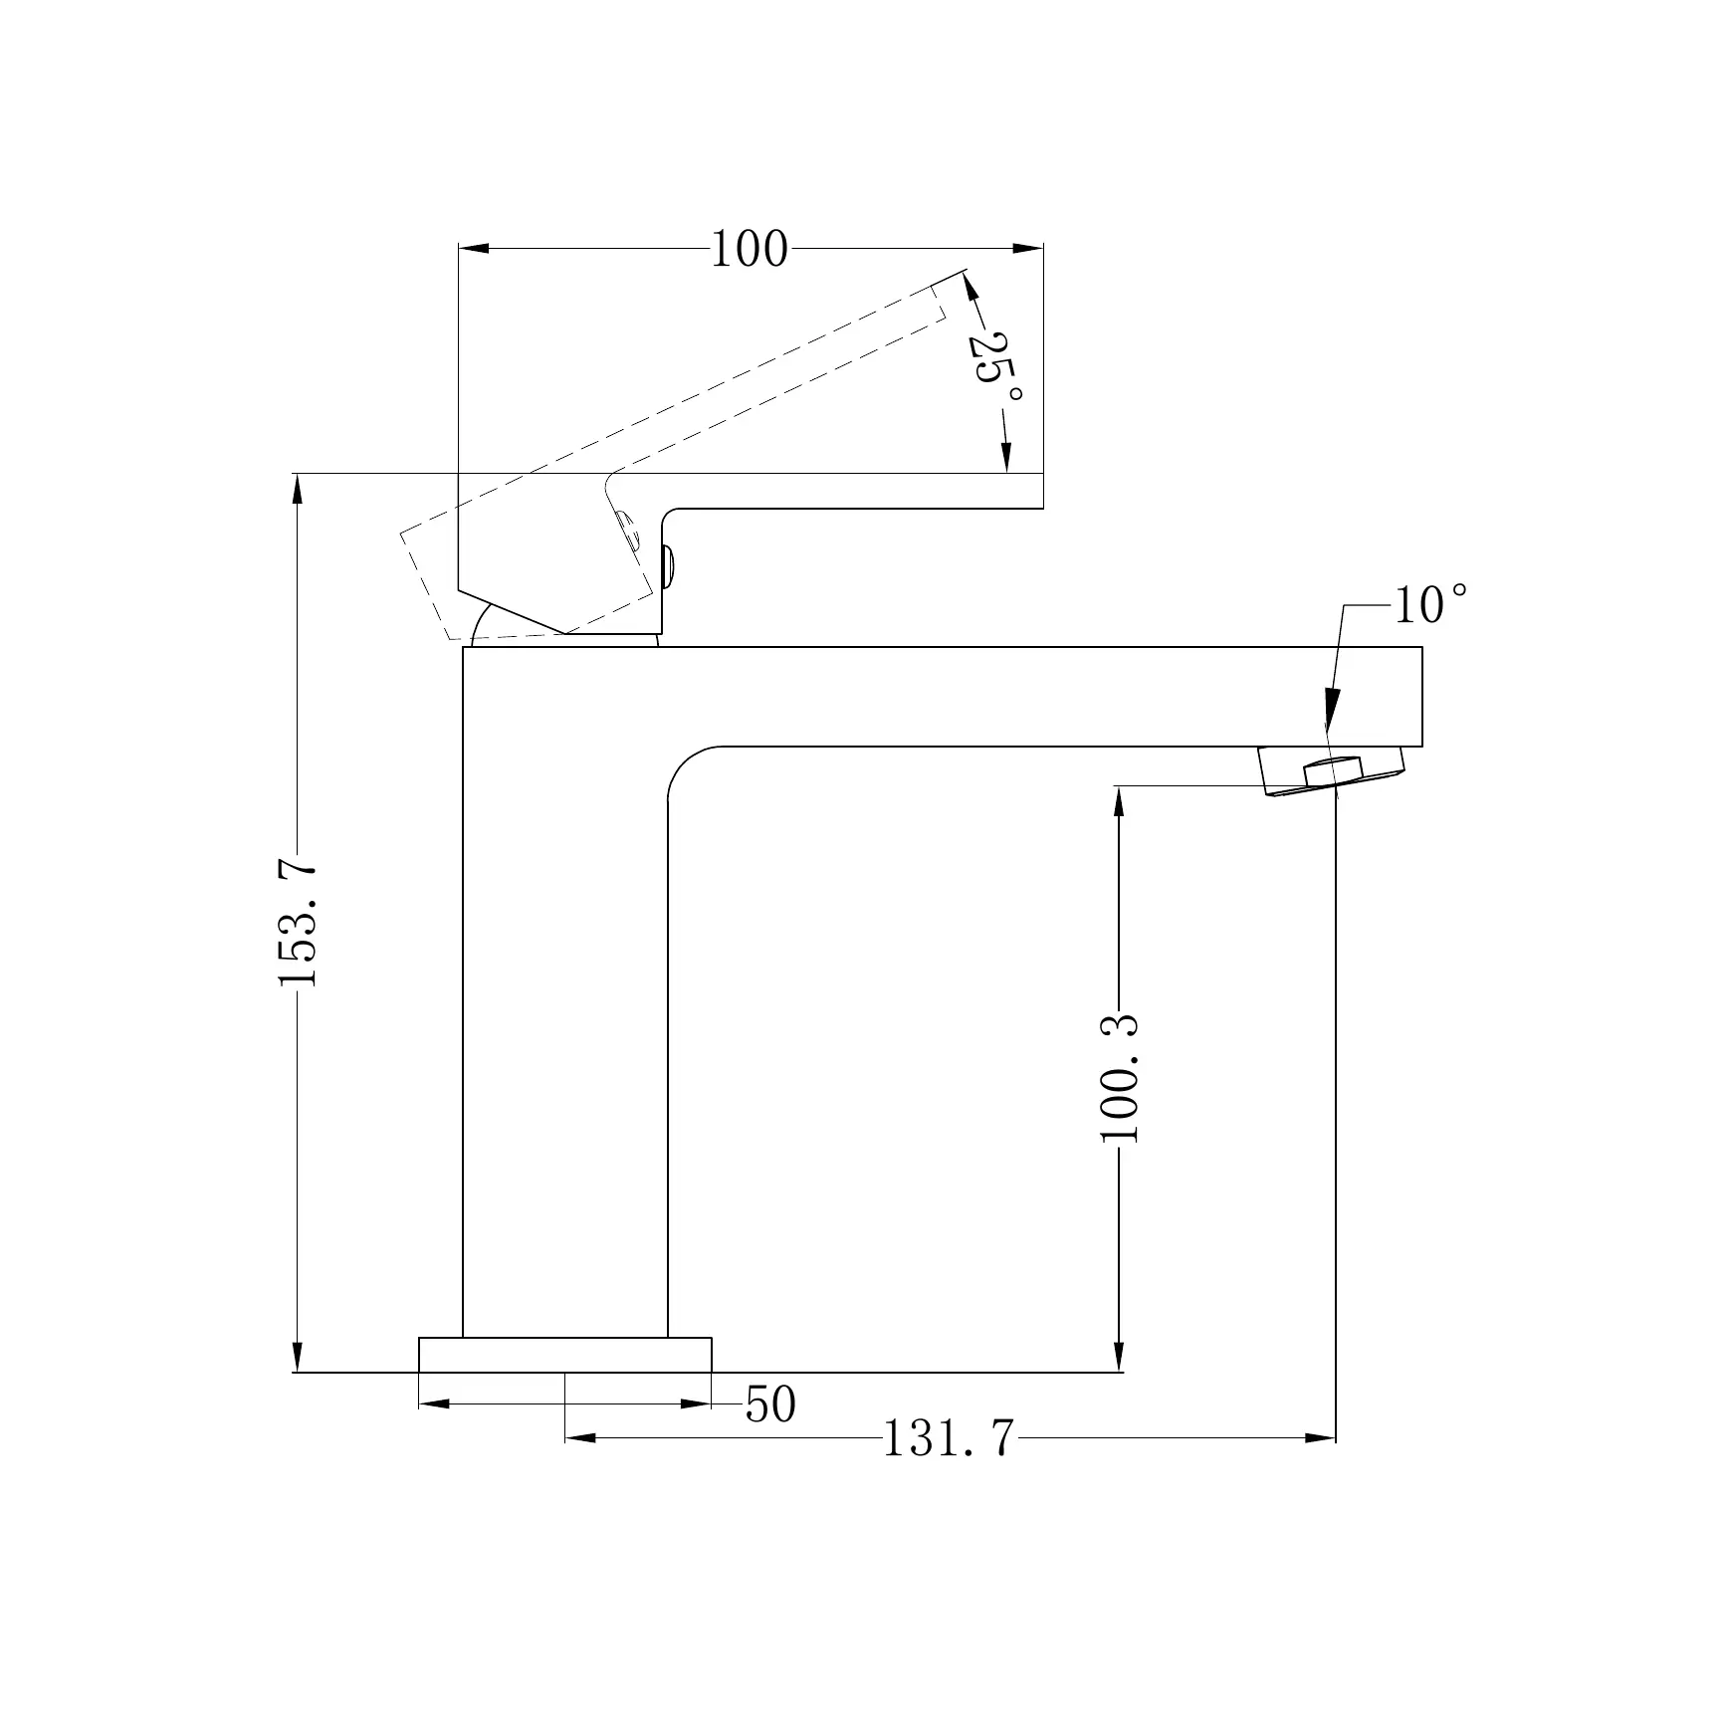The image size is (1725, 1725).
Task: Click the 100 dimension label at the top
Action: point(749,249)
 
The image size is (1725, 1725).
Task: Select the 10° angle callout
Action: point(1430,604)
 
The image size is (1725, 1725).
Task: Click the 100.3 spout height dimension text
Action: point(1120,1079)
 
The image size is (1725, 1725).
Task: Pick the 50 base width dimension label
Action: point(771,1404)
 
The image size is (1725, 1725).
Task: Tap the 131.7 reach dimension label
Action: point(949,1438)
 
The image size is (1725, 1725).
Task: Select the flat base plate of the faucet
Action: point(565,1355)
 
